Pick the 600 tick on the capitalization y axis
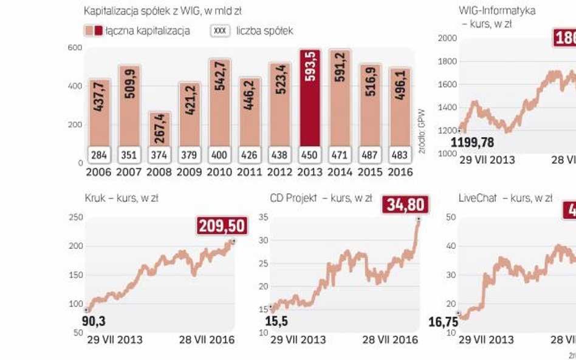(x=75, y=48)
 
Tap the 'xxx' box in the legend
(x=220, y=30)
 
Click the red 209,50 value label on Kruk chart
(x=221, y=227)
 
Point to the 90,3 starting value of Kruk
(x=93, y=322)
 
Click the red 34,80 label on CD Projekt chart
(x=405, y=205)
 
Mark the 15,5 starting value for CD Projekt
(x=276, y=321)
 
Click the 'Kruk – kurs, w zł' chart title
(x=122, y=198)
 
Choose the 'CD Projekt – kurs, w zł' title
(x=313, y=198)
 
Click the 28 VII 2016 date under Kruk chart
(x=207, y=339)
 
